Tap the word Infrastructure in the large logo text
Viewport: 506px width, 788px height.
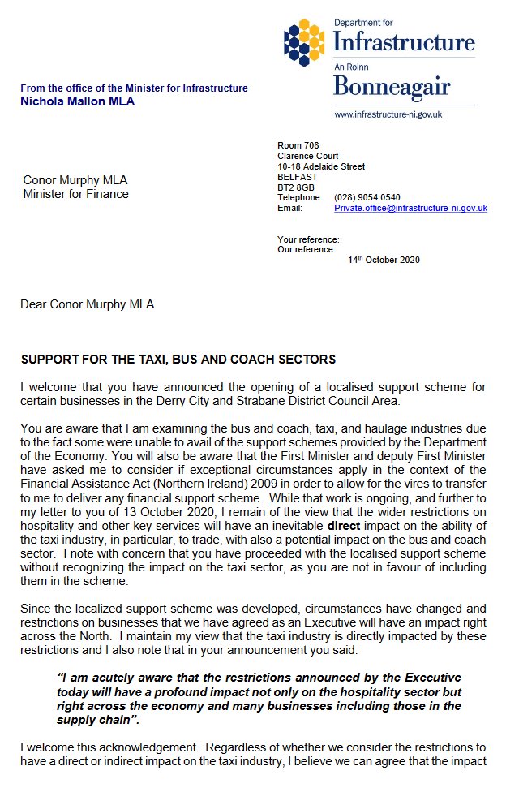(404, 41)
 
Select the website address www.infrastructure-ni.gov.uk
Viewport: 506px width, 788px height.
(388, 114)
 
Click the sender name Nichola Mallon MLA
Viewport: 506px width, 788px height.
(78, 101)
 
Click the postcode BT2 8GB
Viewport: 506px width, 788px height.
(296, 187)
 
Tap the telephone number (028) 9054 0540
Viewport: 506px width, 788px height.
(367, 197)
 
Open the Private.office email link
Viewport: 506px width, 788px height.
(410, 208)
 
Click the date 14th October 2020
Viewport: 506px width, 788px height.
(384, 260)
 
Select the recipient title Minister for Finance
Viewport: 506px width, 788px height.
(75, 194)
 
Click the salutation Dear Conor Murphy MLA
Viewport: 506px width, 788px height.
(87, 304)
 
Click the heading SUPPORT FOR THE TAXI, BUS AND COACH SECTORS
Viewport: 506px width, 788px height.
(178, 360)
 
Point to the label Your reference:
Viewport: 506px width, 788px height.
(308, 239)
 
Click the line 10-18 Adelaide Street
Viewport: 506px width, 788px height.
(320, 166)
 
